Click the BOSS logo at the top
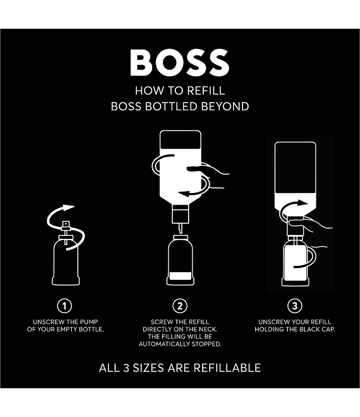pyautogui.click(x=180, y=63)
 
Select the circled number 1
pyautogui.click(x=64, y=306)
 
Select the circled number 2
pyautogui.click(x=180, y=306)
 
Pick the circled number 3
pyautogui.click(x=295, y=306)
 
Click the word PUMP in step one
pyautogui.click(x=89, y=322)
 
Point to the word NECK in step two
pyautogui.click(x=208, y=329)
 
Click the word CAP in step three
pyautogui.click(x=329, y=329)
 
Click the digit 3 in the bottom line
pyautogui.click(x=126, y=368)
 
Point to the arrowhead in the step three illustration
pyautogui.click(x=303, y=203)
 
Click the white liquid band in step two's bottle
pyautogui.click(x=180, y=275)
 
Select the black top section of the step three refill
pyautogui.click(x=295, y=167)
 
